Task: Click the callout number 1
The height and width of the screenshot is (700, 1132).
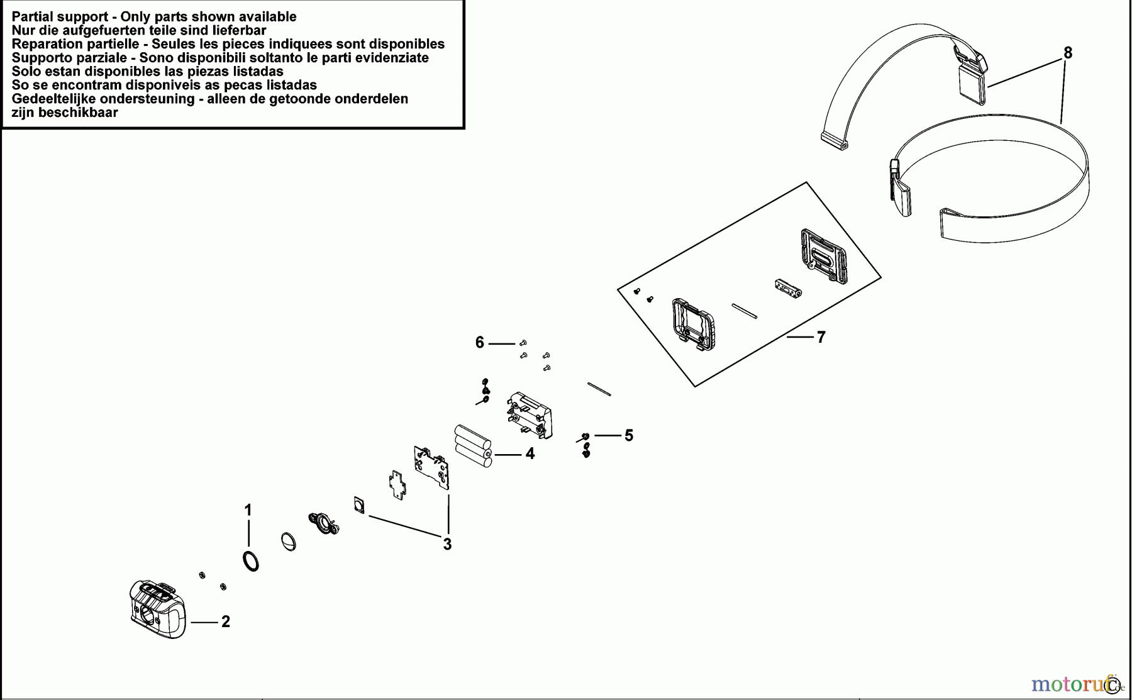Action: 248,510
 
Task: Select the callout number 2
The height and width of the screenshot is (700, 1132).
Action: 226,622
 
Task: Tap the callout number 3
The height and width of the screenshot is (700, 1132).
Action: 447,545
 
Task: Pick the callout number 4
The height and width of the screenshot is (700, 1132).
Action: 530,454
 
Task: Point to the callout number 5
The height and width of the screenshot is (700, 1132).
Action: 629,435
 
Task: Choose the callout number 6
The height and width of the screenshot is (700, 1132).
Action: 480,343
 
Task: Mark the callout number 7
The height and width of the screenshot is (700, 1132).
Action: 821,338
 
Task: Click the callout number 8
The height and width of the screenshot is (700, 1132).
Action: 1068,53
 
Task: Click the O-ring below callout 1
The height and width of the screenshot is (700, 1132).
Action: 250,560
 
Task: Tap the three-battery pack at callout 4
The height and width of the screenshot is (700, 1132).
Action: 473,447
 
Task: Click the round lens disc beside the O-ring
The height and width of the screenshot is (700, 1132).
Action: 288,542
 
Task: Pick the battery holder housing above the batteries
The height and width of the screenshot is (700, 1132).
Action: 530,414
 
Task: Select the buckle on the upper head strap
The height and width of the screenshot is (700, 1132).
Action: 971,70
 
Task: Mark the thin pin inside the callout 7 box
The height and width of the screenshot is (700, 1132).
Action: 745,311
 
